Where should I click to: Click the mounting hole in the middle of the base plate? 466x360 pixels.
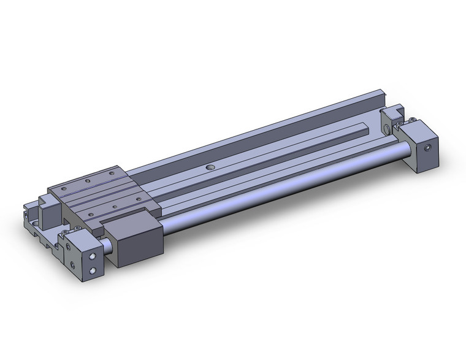[211, 167]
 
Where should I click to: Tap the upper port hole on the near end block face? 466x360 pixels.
[93, 256]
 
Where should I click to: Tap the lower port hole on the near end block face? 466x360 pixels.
[93, 270]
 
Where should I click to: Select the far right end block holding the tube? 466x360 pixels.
[419, 147]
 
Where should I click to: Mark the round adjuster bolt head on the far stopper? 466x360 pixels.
[387, 129]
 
